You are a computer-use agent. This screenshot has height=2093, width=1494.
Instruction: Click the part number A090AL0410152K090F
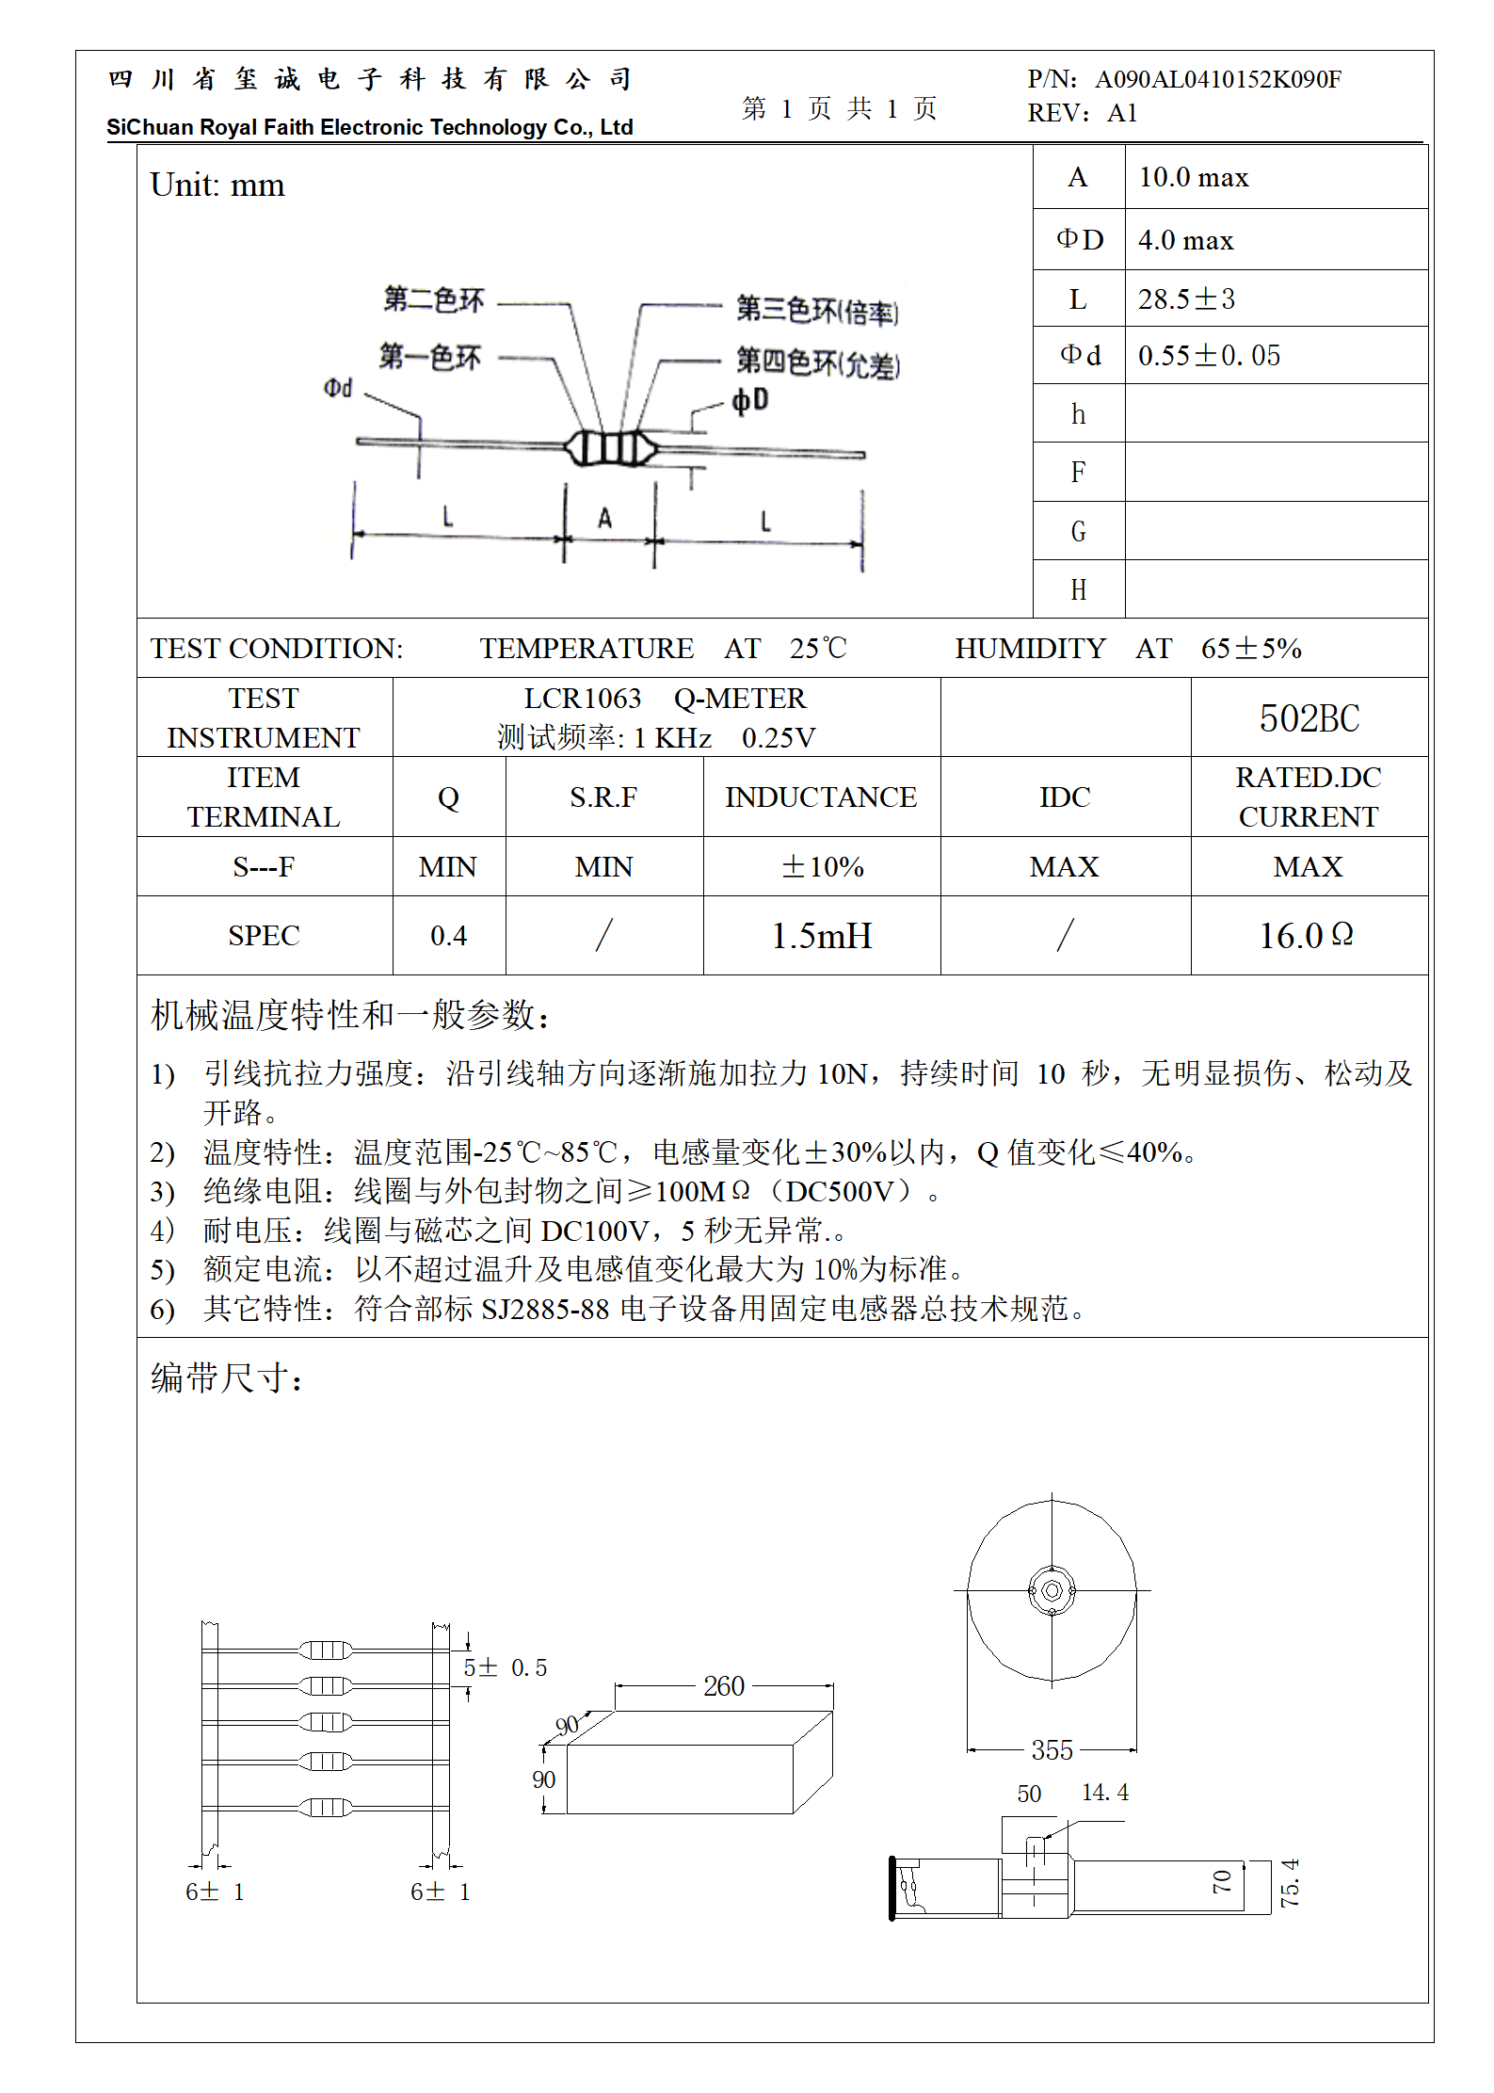(1217, 79)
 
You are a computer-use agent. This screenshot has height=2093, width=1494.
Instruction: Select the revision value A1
(1122, 113)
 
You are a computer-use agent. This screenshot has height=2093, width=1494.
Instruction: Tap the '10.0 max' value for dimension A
(1193, 177)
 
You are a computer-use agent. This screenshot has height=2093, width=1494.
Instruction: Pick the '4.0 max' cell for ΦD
(1185, 240)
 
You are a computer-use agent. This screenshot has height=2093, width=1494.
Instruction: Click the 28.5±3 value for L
(1185, 299)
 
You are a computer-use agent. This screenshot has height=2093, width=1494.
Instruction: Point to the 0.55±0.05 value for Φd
(1209, 356)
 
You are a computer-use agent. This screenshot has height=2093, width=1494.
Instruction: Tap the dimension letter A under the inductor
(605, 518)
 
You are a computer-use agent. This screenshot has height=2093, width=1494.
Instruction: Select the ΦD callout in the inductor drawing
(750, 400)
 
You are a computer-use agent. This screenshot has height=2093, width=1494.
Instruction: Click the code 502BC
(1309, 718)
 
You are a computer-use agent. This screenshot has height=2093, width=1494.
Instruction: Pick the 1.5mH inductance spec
(821, 936)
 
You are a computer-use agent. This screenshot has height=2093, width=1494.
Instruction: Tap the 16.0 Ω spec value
(1307, 936)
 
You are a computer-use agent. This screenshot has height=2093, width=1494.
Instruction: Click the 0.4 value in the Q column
(448, 936)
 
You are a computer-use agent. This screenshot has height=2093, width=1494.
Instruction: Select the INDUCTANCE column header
(821, 797)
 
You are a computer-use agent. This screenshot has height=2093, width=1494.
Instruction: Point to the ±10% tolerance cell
(821, 866)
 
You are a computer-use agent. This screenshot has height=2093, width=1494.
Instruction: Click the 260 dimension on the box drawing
(723, 1686)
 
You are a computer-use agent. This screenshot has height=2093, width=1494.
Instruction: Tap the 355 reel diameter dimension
(1052, 1750)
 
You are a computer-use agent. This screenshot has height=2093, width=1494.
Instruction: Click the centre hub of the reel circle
(1052, 1590)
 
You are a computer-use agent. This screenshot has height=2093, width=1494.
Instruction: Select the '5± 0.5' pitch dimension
(505, 1667)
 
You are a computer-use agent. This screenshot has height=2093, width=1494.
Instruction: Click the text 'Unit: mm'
(217, 185)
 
